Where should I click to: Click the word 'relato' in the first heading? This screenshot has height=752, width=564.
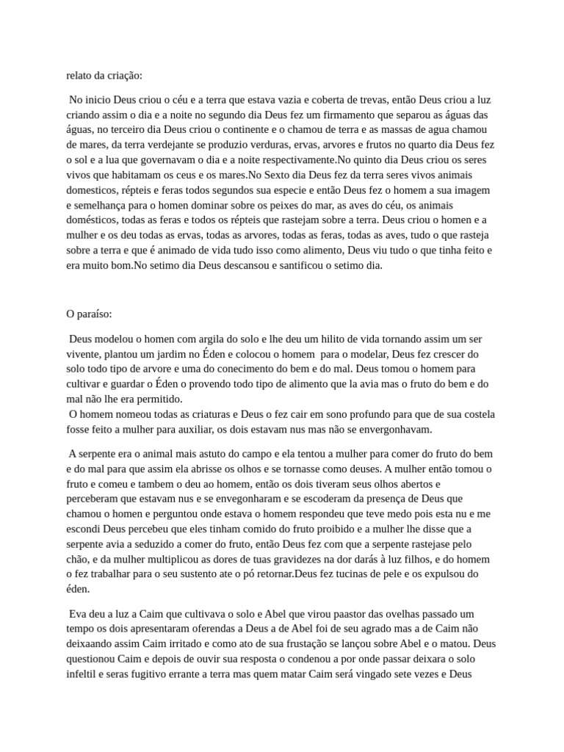coord(80,75)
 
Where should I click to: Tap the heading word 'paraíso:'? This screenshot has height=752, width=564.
coord(94,314)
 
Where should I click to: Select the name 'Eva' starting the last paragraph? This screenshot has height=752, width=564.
coord(77,613)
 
